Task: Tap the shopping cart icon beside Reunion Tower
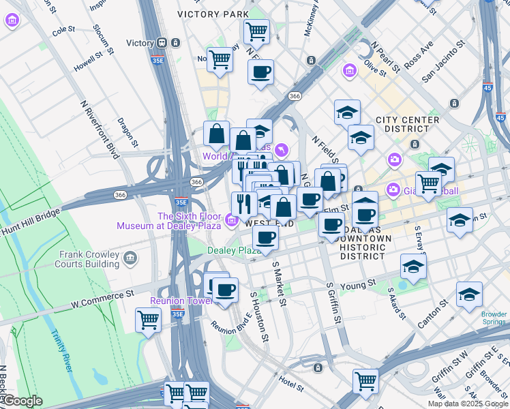tap(148, 319)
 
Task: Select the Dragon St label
tap(127, 132)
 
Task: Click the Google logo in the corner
tap(22, 401)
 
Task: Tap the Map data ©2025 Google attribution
tap(467, 404)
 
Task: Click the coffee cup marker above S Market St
tap(265, 237)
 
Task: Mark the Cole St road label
tap(63, 30)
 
